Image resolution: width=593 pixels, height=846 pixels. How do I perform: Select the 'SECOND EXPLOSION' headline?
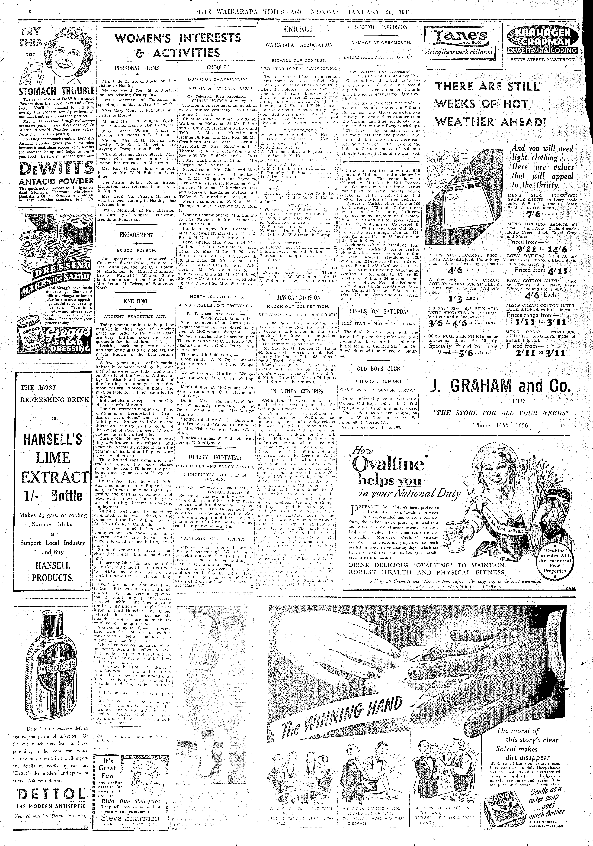pyautogui.click(x=381, y=27)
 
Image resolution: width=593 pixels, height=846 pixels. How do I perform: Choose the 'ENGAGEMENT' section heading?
pyautogui.click(x=136, y=235)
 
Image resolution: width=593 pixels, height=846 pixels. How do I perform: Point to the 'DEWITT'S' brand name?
pyautogui.click(x=56, y=169)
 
